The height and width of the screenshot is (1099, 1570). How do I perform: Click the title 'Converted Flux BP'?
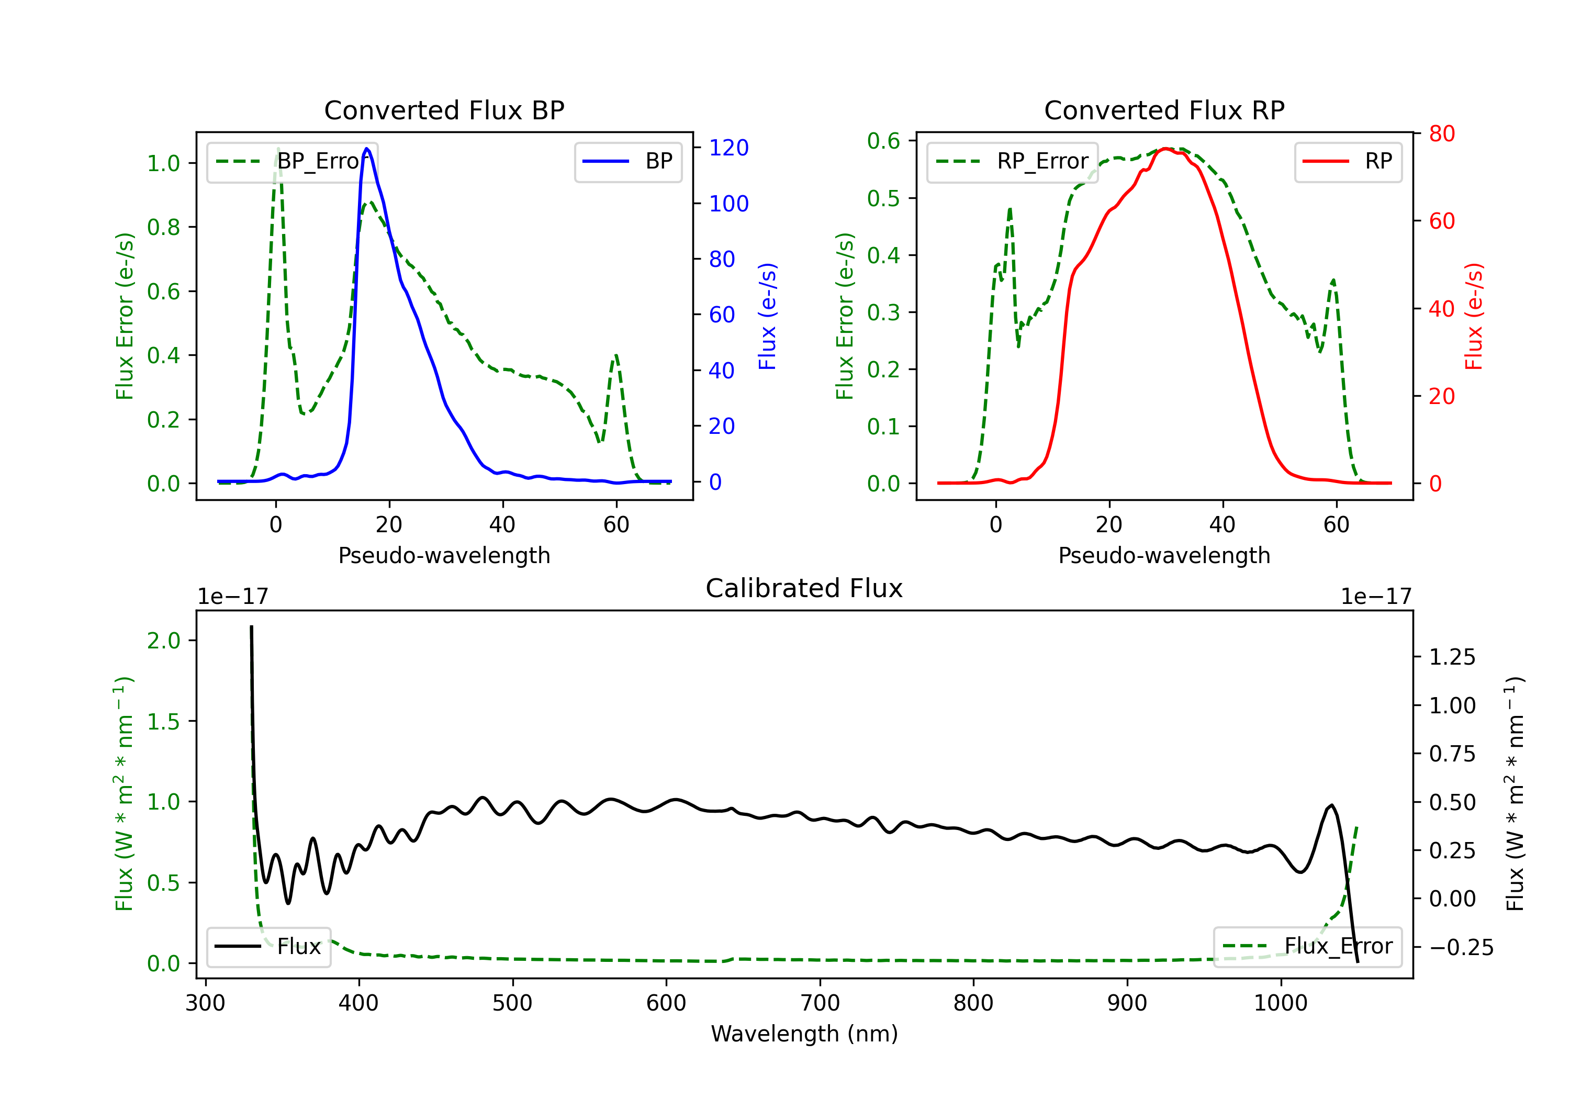pyautogui.click(x=444, y=110)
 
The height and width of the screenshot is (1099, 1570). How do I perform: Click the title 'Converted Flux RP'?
pyautogui.click(x=1164, y=110)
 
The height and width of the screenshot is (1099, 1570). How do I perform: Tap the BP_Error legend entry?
pyautogui.click(x=292, y=161)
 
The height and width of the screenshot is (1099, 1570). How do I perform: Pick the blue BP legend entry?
pyautogui.click(x=627, y=161)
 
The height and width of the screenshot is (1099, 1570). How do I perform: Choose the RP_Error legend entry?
pyautogui.click(x=1012, y=161)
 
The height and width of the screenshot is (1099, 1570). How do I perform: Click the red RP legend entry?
pyautogui.click(x=1348, y=161)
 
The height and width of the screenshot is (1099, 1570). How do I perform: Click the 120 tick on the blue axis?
pyautogui.click(x=728, y=148)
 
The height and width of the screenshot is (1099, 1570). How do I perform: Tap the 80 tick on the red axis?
pyautogui.click(x=1441, y=133)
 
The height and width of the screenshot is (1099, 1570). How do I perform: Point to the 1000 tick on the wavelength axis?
pyautogui.click(x=1280, y=1003)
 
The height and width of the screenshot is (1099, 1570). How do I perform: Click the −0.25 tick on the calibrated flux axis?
pyautogui.click(x=1461, y=947)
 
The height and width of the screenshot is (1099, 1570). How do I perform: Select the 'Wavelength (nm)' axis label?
pyautogui.click(x=804, y=1034)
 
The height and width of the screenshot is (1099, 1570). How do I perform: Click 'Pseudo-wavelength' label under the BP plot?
pyautogui.click(x=444, y=555)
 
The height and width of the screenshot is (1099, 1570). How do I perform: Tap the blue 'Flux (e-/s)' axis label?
pyautogui.click(x=767, y=316)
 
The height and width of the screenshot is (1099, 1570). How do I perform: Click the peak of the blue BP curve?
pyautogui.click(x=367, y=149)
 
